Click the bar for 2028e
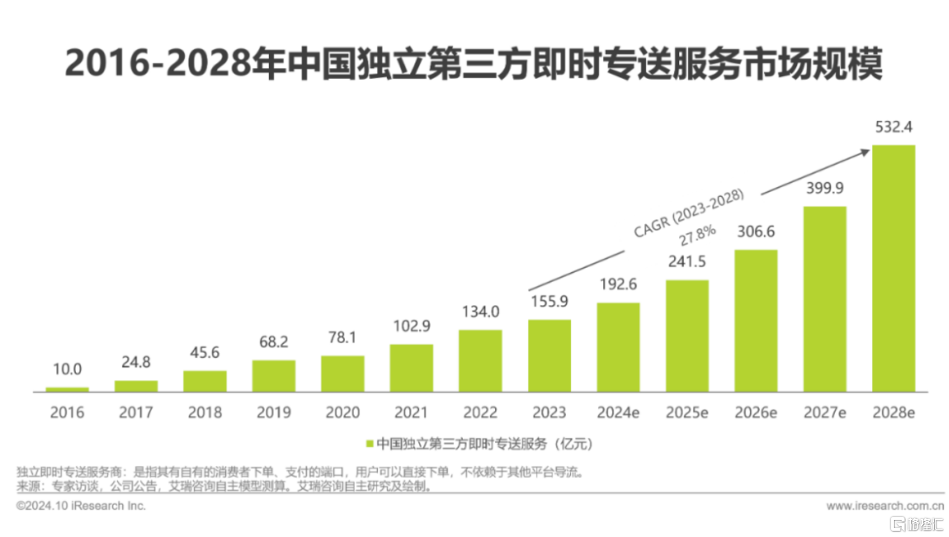pos(893,268)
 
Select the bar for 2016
pos(67,389)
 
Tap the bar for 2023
pos(549,356)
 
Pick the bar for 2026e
pos(756,321)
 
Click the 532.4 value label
pos(893,128)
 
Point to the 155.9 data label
pos(549,303)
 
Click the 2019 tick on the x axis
pos(274,412)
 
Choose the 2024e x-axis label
pos(618,412)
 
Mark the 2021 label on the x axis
pos(412,412)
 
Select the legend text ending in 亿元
pos(484,445)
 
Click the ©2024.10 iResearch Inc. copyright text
pos(81,506)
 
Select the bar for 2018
pos(205,381)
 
